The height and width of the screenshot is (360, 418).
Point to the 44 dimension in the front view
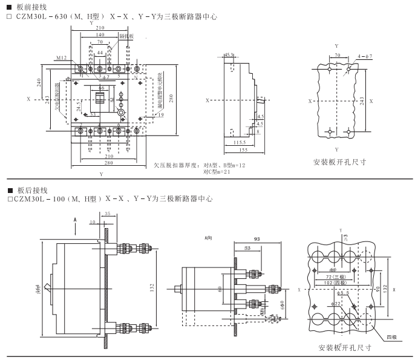click(100, 53)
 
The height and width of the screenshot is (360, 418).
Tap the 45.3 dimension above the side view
click(230, 54)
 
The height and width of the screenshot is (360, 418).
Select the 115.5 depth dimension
click(241, 142)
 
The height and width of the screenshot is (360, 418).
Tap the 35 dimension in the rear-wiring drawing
click(107, 214)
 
